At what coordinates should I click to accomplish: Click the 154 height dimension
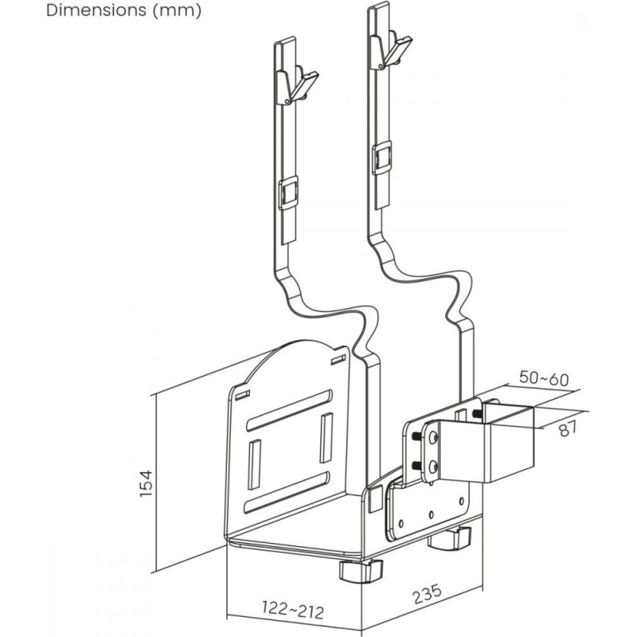coord(146,483)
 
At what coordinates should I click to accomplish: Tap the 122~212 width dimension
coord(293,610)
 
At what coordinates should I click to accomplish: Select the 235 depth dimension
coord(427,594)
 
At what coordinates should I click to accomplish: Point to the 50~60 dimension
coord(544,379)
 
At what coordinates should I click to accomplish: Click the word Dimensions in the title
coord(96,10)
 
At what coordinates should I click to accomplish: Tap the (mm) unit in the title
coord(178,10)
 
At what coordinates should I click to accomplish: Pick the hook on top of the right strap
coord(391,50)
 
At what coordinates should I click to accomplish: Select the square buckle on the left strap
coord(288,193)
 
